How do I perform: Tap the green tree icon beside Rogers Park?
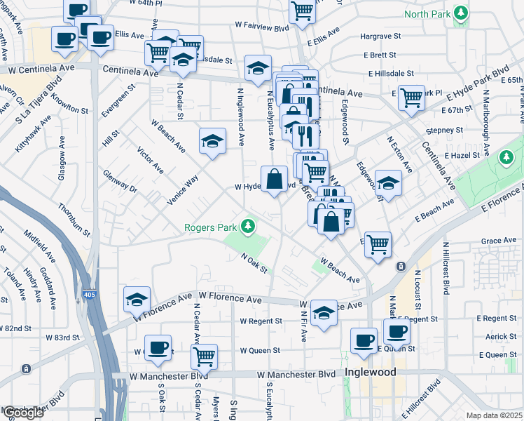247,226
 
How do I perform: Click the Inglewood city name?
370,372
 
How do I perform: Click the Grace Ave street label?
499,241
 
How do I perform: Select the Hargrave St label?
380,35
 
